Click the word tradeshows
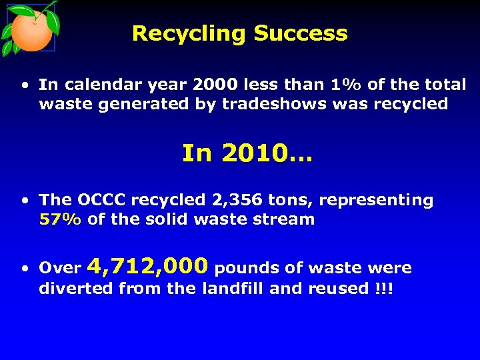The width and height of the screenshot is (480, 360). click(270, 104)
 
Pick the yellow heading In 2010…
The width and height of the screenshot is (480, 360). click(247, 154)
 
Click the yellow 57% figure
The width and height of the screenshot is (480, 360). click(61, 219)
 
